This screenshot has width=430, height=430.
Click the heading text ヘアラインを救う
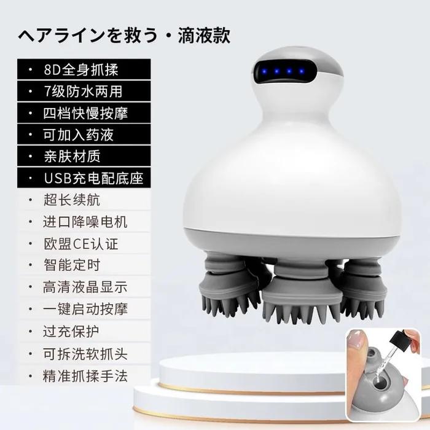88,36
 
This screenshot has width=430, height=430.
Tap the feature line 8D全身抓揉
81,69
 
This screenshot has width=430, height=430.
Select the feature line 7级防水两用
83,92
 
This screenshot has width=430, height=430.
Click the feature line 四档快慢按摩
85,113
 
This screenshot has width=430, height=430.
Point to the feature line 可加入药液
78,135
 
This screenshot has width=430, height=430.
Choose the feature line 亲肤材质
72,156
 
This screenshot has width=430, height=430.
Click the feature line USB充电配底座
94,178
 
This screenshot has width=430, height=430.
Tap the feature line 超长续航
72,200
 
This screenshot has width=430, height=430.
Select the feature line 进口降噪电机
85,222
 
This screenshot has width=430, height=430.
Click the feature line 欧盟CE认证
81,244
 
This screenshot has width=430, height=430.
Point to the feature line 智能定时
72,265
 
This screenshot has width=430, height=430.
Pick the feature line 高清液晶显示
85,287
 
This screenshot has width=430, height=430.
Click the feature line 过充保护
71,332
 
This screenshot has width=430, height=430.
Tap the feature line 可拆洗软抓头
85,354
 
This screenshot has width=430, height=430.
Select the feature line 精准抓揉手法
85,376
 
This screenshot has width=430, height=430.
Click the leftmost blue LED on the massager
264,72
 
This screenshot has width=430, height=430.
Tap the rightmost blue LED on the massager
302,72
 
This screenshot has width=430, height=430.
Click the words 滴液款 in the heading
205,36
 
